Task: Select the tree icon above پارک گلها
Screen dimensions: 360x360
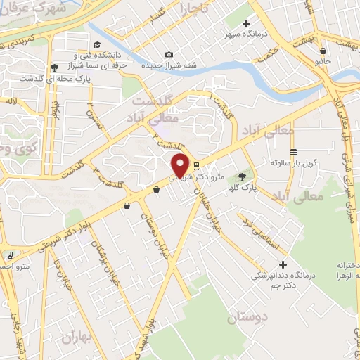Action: coord(243,176)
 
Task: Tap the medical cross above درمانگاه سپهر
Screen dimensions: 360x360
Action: coord(245,23)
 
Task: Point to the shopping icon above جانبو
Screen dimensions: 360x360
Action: coord(322,51)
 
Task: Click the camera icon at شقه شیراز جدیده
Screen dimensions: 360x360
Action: coord(169,55)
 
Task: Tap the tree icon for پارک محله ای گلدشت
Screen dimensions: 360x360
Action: coord(54,67)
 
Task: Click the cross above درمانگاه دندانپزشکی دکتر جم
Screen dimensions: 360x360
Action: coord(283,265)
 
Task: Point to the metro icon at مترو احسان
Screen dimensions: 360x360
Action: coord(10,255)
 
